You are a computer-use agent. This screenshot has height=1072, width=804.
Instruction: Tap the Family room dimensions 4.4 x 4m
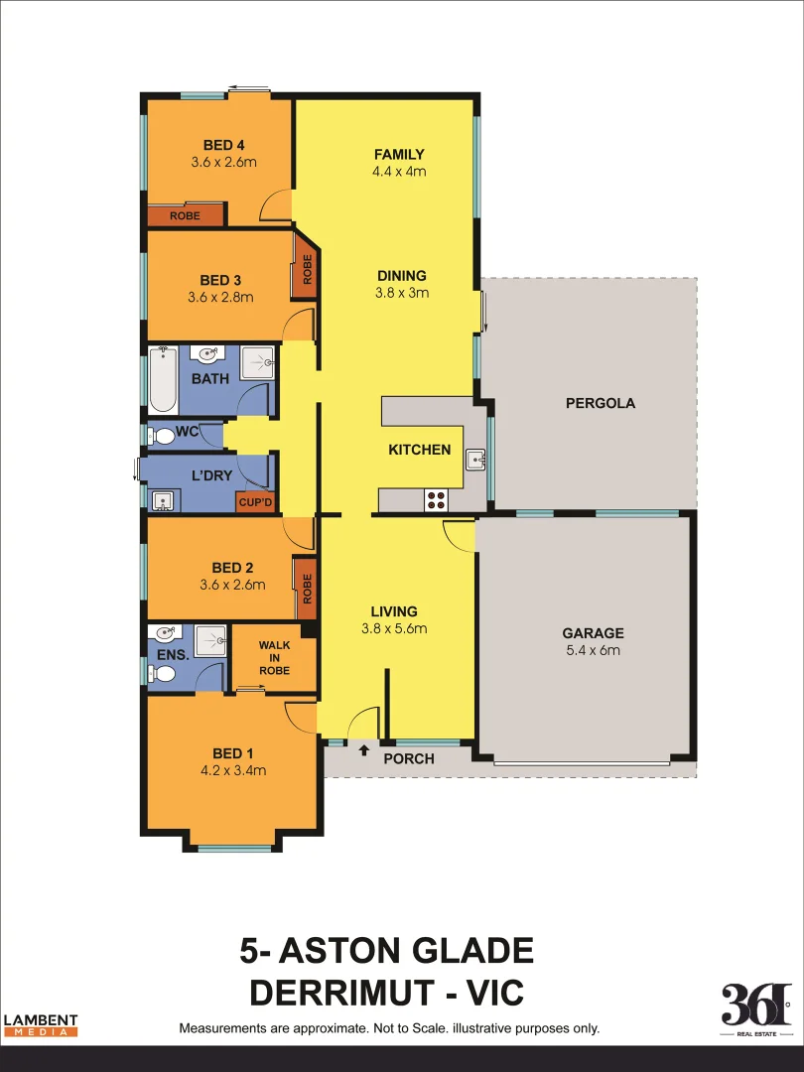[x=399, y=171]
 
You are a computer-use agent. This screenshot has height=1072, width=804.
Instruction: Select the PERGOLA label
[x=600, y=403]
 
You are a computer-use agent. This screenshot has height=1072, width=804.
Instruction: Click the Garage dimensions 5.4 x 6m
[x=593, y=650]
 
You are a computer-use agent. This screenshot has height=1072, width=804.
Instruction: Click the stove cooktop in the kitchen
[x=435, y=500]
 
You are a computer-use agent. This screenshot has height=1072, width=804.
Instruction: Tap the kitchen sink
[x=475, y=459]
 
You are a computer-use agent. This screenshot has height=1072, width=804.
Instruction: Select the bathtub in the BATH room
[x=163, y=380]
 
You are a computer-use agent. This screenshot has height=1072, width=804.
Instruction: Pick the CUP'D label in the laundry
[x=254, y=503]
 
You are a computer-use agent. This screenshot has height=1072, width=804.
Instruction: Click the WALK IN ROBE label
[x=274, y=658]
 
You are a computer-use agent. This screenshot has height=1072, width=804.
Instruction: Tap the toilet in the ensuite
[x=164, y=674]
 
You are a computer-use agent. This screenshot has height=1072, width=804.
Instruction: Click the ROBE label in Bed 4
[x=185, y=215]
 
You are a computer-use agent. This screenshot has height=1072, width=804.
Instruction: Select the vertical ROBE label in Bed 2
[x=307, y=590]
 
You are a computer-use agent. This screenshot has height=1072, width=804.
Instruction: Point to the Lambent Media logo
[x=41, y=1024]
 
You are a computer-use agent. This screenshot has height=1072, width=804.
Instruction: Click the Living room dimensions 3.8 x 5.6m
[x=394, y=628]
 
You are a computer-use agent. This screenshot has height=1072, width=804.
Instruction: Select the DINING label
[x=401, y=276]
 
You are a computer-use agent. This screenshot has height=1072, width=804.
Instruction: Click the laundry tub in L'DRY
[x=162, y=499]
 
